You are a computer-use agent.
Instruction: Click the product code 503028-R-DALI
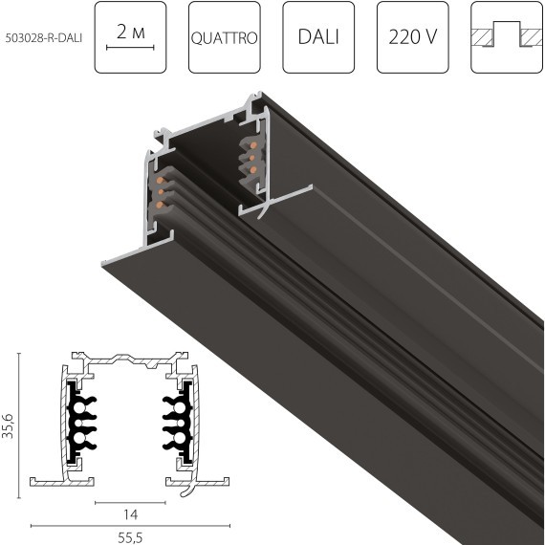click(44, 38)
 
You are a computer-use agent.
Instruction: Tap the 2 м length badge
click(130, 37)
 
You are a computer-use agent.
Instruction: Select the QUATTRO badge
click(225, 37)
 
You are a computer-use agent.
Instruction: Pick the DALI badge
click(318, 37)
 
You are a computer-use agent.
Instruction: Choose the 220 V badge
click(413, 37)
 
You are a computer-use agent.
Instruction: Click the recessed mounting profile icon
click(507, 37)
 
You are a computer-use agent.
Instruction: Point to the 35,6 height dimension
click(9, 425)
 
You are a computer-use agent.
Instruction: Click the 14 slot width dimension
click(130, 514)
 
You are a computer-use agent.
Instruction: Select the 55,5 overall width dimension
click(130, 537)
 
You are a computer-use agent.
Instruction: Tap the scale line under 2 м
click(130, 47)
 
